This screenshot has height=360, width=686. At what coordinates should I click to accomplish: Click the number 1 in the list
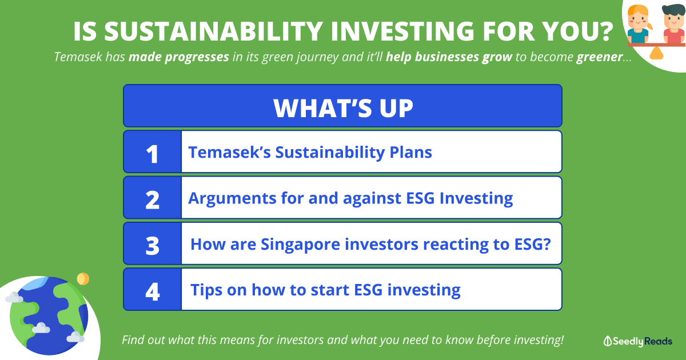click(x=152, y=154)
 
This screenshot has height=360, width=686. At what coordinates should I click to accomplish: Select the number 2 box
click(x=153, y=198)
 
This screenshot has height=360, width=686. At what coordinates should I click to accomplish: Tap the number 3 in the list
click(x=153, y=246)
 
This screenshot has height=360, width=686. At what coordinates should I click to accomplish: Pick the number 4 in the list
click(x=153, y=291)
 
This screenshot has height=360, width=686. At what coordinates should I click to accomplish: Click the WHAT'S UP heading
click(x=343, y=108)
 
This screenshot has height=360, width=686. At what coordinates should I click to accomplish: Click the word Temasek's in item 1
click(x=229, y=152)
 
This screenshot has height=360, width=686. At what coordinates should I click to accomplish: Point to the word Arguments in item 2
click(x=232, y=199)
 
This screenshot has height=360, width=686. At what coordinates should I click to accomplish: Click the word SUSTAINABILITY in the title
click(x=213, y=31)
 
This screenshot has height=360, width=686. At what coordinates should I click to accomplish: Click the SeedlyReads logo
click(x=637, y=341)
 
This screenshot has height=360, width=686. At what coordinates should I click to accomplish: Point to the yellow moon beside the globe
click(x=83, y=279)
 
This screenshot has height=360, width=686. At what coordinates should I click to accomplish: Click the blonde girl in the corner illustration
click(x=638, y=24)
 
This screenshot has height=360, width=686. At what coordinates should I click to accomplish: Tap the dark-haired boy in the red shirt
click(x=674, y=24)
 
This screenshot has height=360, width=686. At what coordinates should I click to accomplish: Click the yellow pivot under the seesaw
click(x=656, y=53)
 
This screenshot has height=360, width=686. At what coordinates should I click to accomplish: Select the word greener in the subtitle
click(x=599, y=57)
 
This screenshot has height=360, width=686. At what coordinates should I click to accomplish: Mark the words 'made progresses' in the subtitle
click(x=179, y=57)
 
